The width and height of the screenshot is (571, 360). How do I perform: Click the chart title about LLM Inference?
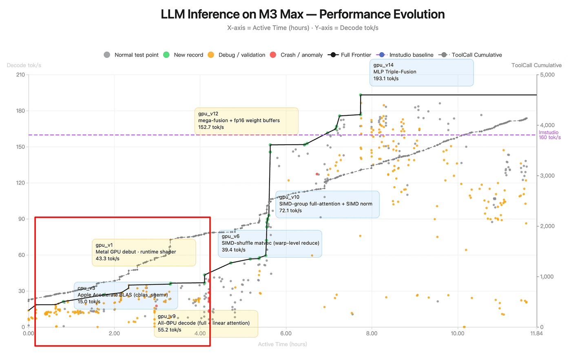click(x=303, y=14)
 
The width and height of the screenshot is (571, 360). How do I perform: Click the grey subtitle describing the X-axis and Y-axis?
click(x=303, y=28)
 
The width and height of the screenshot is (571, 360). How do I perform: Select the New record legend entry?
click(x=183, y=55)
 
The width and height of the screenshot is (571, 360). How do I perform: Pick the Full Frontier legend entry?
click(x=350, y=55)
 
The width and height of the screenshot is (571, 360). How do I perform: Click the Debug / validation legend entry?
click(x=237, y=55)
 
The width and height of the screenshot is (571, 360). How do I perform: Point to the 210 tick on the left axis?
click(x=20, y=75)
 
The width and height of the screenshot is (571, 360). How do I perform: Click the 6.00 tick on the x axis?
click(x=286, y=333)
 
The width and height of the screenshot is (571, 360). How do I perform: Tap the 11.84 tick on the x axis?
click(x=536, y=333)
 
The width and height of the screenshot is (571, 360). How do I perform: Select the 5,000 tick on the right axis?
click(x=547, y=75)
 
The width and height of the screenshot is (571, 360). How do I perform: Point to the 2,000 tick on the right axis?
click(x=547, y=226)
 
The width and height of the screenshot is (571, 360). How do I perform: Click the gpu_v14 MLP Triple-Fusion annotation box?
click(x=421, y=72)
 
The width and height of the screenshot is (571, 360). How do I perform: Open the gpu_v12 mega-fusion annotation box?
click(x=246, y=121)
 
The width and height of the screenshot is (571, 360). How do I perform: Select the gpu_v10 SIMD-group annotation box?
click(x=327, y=204)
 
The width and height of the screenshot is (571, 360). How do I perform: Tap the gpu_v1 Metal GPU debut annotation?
click(x=144, y=252)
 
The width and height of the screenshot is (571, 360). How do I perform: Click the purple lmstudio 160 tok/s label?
click(x=549, y=135)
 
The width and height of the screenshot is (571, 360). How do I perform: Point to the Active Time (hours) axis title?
click(x=282, y=344)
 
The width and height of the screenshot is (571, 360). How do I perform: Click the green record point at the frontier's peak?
click(x=361, y=95)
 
